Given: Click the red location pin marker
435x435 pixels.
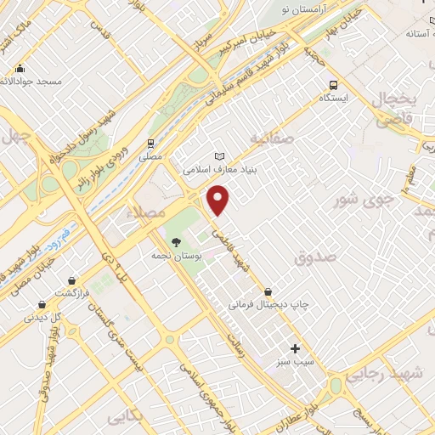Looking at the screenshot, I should [x=219, y=201].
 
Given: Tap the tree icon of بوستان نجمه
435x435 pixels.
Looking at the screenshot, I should [x=176, y=242].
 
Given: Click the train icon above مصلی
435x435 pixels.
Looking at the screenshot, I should [x=150, y=144].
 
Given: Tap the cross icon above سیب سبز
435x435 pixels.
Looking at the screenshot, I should [x=295, y=347].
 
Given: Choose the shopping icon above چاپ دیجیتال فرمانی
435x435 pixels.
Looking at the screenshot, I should [x=268, y=291].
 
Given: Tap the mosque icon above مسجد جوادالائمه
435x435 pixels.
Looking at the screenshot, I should [x=20, y=69].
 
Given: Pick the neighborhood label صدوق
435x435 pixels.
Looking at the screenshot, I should [x=315, y=256].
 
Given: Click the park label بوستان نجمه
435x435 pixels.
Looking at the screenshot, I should [x=175, y=256].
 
